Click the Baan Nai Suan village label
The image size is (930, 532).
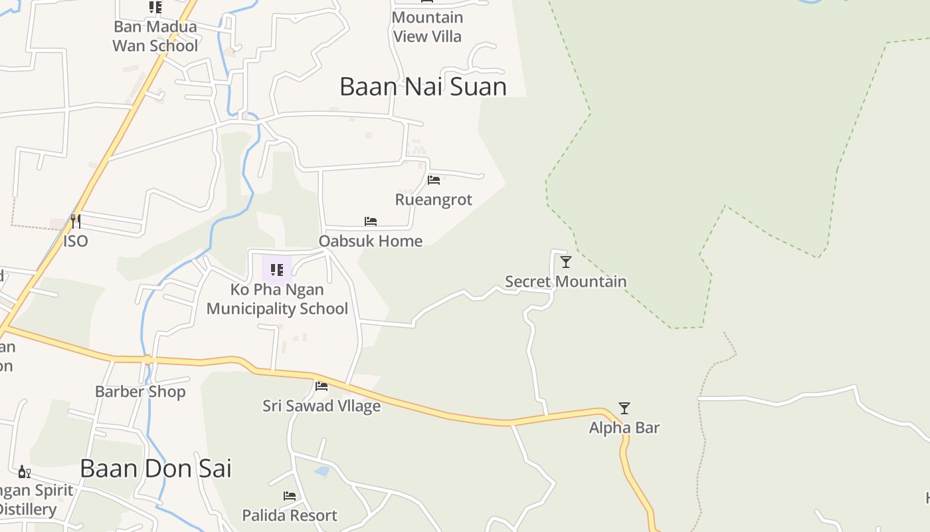(x=422, y=86)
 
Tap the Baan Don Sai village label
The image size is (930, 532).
(x=155, y=468)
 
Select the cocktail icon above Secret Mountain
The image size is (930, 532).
(x=565, y=262)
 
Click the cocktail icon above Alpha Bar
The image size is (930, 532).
(x=624, y=408)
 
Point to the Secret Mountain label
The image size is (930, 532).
(x=565, y=281)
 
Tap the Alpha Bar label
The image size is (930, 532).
(x=624, y=427)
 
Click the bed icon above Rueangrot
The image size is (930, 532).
(x=434, y=180)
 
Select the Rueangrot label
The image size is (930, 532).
(x=433, y=199)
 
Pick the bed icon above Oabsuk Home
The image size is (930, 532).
(x=371, y=221)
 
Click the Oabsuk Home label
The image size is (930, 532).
(x=370, y=241)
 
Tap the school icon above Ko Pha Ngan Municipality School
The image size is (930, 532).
(x=277, y=270)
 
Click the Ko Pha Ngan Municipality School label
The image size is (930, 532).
(x=277, y=299)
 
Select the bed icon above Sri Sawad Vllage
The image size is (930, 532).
(x=322, y=386)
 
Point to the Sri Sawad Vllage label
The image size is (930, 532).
(x=322, y=406)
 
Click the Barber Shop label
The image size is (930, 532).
(x=140, y=392)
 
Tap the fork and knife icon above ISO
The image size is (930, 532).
(x=76, y=220)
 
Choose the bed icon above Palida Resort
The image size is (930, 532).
(x=290, y=495)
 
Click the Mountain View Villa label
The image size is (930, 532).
(x=427, y=27)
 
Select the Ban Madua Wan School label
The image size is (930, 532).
(x=155, y=36)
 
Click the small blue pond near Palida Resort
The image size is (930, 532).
(x=322, y=471)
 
